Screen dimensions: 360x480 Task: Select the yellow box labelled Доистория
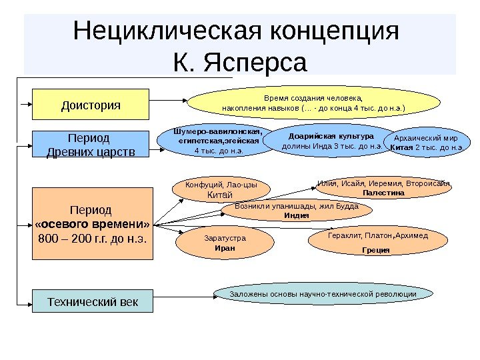(x=91, y=105)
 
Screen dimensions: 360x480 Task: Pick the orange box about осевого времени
(x=93, y=223)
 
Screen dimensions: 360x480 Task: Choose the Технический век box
(x=93, y=301)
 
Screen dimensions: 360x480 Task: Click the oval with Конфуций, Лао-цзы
(x=221, y=190)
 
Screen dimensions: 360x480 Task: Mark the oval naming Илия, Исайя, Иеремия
(x=383, y=187)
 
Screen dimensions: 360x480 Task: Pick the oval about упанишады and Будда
(x=297, y=211)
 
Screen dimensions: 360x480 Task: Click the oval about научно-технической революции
(x=323, y=294)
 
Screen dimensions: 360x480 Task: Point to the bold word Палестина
(x=383, y=193)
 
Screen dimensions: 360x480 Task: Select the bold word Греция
(x=376, y=251)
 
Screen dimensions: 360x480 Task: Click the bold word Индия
(x=296, y=216)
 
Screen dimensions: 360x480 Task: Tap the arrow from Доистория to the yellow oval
(x=169, y=102)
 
